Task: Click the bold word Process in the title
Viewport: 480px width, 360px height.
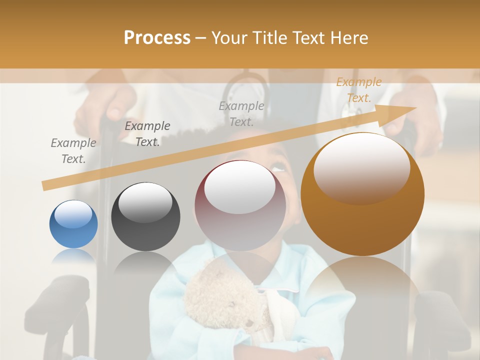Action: (157, 37)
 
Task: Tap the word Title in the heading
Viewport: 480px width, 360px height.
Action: (270, 37)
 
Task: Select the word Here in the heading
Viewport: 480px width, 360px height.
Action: (349, 37)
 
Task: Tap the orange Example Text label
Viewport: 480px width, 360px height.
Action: (358, 90)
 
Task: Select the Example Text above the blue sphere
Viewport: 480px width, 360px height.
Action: (73, 150)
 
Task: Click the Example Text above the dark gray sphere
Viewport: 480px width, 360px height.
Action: (147, 133)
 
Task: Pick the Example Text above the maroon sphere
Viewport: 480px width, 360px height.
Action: (241, 113)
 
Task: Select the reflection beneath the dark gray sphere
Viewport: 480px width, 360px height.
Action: (146, 265)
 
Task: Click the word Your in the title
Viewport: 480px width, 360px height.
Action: (230, 37)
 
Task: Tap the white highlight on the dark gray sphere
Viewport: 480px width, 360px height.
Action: (145, 202)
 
